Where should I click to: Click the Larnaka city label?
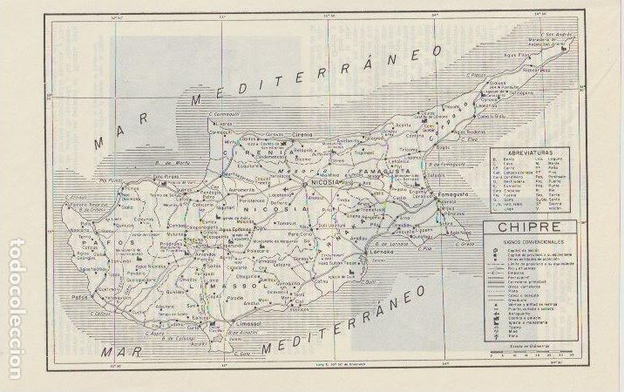(381, 260)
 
